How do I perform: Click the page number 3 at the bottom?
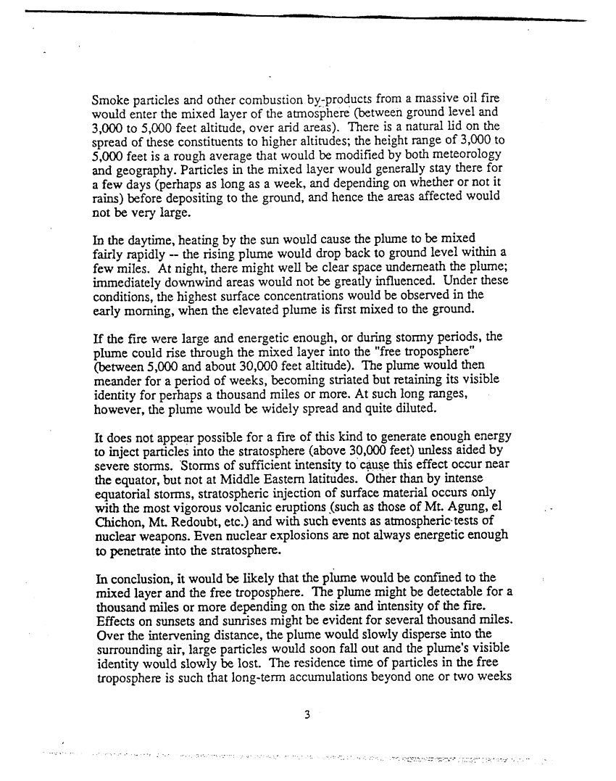pyautogui.click(x=307, y=714)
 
